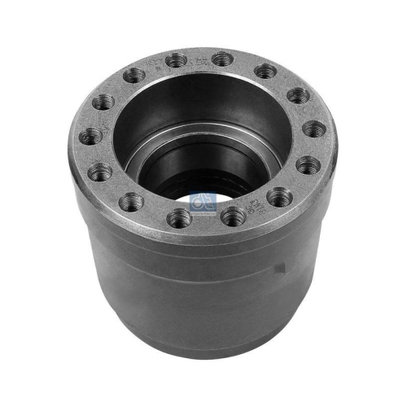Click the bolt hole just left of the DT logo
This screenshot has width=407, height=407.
(x=178, y=218)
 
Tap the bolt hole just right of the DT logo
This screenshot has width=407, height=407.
(x=233, y=217)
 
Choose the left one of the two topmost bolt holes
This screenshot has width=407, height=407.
(x=176, y=60)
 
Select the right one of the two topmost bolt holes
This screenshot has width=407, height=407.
(x=221, y=59)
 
